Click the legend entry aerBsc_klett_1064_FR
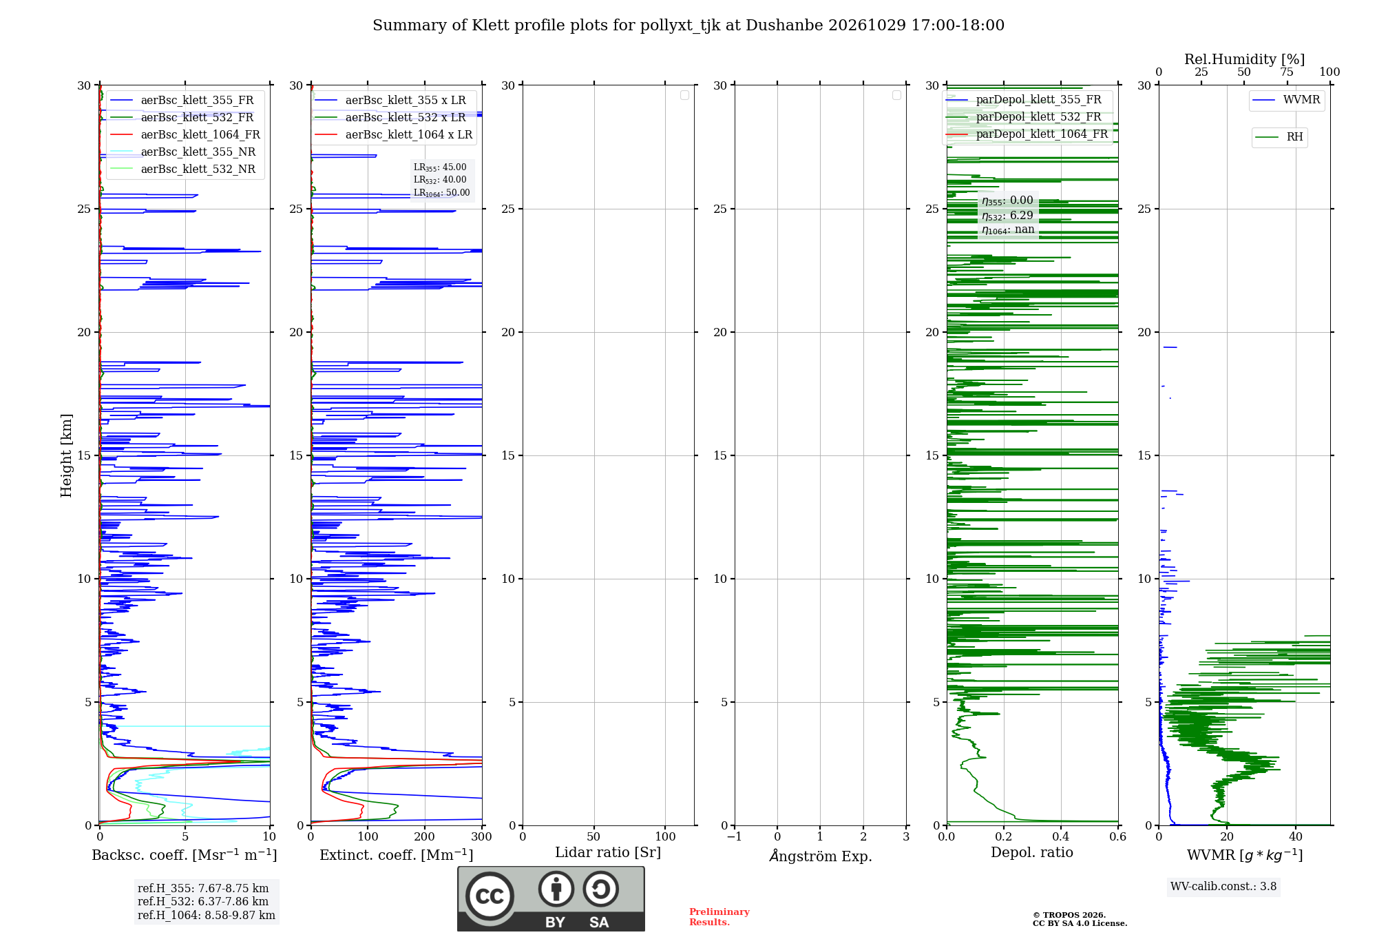(185, 135)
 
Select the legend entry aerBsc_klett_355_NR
(182, 152)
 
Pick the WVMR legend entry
(1286, 100)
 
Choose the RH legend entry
(1279, 137)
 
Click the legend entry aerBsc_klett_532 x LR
(390, 118)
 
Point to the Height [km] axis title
(66, 455)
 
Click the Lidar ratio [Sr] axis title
(608, 853)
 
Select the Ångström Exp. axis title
(821, 856)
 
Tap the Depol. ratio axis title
(1032, 853)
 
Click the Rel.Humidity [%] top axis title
(1245, 59)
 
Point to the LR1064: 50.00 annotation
(441, 193)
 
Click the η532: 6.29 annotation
(1007, 216)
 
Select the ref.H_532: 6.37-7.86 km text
(203, 902)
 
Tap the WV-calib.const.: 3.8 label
(1223, 887)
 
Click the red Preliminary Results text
(719, 917)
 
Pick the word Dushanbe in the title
(784, 25)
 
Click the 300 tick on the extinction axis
(482, 837)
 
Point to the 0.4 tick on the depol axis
(1061, 837)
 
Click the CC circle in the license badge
(490, 896)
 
